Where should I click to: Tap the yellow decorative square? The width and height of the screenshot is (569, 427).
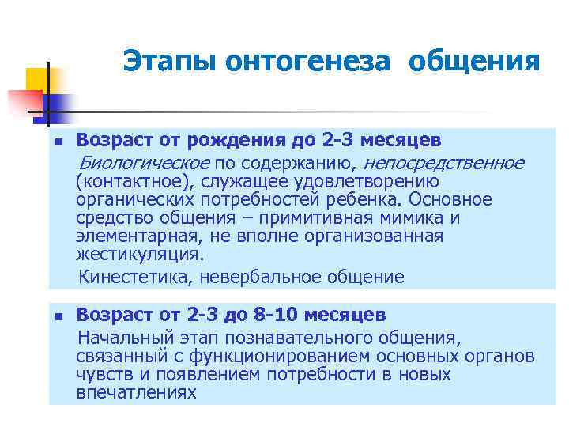pyautogui.click(x=37, y=79)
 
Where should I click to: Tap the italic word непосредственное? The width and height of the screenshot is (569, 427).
pyautogui.click(x=443, y=163)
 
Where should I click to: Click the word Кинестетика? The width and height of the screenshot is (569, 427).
pyautogui.click(x=135, y=277)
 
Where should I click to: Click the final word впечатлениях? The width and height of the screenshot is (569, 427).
pyautogui.click(x=137, y=392)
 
